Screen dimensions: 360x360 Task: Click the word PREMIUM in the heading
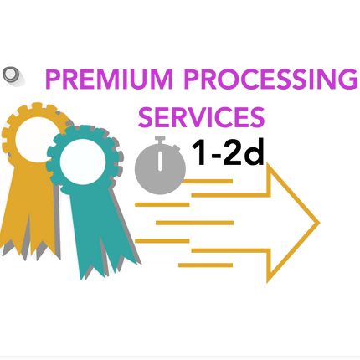(109, 80)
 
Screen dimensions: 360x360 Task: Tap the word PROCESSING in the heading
(270, 80)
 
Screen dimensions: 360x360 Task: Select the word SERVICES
(201, 117)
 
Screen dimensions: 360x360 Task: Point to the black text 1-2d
(229, 152)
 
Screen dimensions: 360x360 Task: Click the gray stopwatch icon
(160, 165)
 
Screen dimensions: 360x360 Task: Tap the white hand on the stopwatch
(160, 161)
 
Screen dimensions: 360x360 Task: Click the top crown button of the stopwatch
(160, 139)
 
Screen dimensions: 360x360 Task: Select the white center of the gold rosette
(38, 140)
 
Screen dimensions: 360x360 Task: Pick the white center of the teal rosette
(83, 162)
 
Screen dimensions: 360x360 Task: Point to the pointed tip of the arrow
(319, 223)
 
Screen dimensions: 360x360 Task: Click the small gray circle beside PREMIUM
(11, 74)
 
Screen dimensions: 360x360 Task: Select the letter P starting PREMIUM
(53, 80)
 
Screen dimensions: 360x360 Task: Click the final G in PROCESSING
(348, 80)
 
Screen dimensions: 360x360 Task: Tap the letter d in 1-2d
(255, 152)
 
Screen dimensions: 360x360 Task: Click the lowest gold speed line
(205, 265)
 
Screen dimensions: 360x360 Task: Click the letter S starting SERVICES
(146, 117)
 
